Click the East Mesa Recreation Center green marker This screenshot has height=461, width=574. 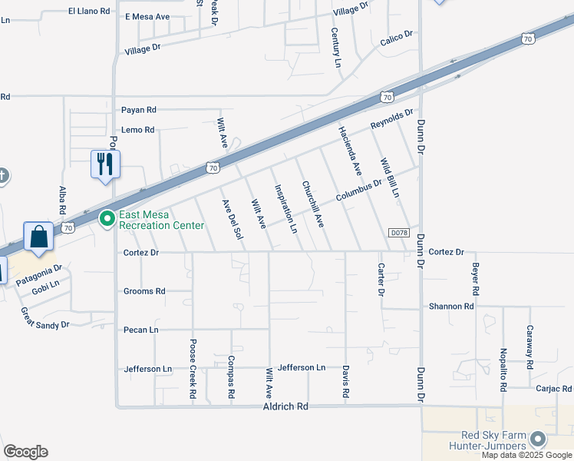click(x=107, y=219)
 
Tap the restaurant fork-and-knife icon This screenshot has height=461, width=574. click(x=105, y=164)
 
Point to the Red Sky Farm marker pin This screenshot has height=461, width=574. click(x=537, y=439)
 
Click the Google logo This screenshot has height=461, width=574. click(x=25, y=452)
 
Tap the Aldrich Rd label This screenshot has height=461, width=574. click(x=285, y=406)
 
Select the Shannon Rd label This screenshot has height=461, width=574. click(x=451, y=306)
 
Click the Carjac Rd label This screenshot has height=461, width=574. click(x=554, y=389)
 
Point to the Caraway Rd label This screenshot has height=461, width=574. click(x=529, y=345)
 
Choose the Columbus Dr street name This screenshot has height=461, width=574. click(x=358, y=192)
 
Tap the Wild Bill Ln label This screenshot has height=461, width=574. click(x=390, y=178)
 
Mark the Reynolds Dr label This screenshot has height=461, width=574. click(x=392, y=119)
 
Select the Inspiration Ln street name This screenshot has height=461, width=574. click(x=285, y=207)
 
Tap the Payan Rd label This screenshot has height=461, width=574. click(x=139, y=110)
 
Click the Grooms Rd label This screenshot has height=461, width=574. click(x=144, y=291)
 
